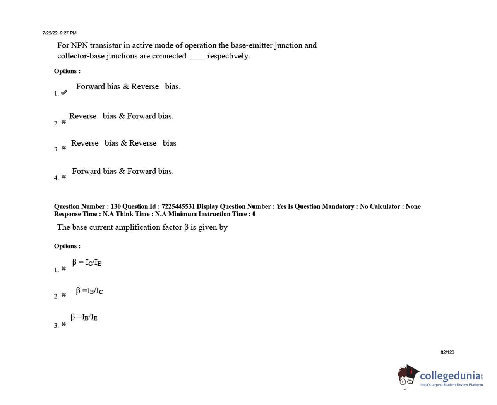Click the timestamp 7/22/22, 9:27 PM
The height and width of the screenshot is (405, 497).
pos(59,33)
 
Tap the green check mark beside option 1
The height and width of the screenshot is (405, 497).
pos(64,93)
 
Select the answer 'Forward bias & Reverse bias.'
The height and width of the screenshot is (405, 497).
pos(128,86)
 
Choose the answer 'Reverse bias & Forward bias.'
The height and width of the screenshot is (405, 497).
pos(121,116)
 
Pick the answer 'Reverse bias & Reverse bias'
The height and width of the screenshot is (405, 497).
pos(123,143)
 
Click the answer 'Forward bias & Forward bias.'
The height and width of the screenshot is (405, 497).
pos(123,171)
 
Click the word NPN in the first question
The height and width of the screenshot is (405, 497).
pos(79,45)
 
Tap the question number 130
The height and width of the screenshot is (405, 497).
pos(116,206)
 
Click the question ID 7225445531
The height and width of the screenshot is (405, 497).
pos(178,206)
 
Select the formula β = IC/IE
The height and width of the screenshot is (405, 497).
pos(87,263)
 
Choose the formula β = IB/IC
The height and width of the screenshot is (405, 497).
pos(89,291)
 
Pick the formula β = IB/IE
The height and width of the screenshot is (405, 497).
pos(84,317)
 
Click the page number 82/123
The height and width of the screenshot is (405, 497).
pos(447,352)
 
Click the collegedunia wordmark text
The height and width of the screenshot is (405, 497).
pos(451,376)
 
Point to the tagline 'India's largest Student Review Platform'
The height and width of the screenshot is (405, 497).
pos(451,385)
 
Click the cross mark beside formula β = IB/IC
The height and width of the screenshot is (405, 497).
pos(64,295)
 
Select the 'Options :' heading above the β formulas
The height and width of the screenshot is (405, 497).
pos(67,246)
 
